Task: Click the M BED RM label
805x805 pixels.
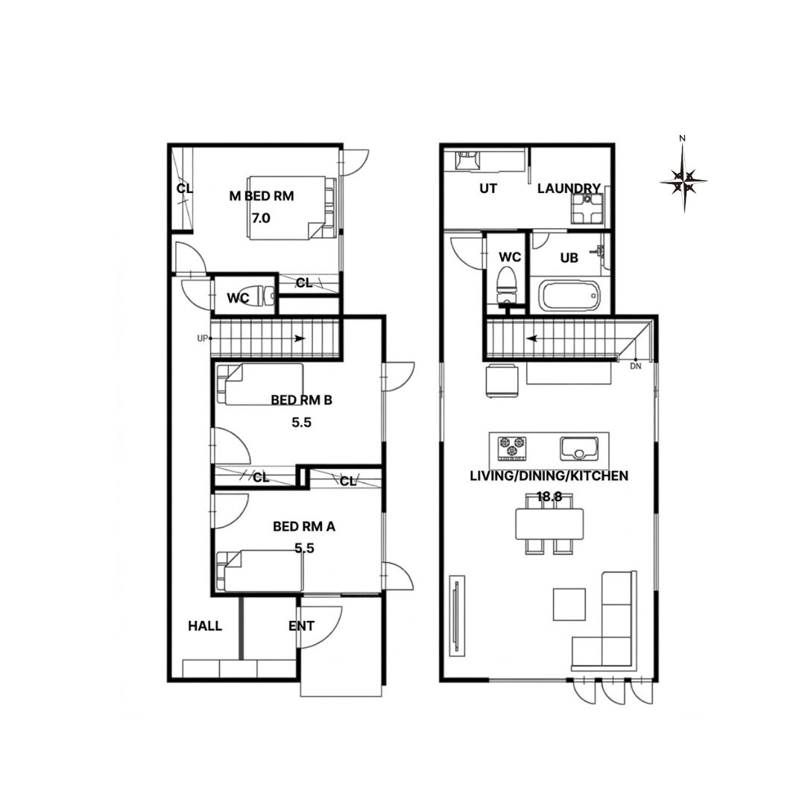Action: click(262, 195)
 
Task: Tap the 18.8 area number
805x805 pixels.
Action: click(549, 496)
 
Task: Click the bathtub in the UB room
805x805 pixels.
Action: click(569, 296)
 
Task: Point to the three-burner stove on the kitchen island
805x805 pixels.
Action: click(512, 447)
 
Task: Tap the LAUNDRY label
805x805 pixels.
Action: click(569, 189)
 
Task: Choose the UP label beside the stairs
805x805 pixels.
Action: click(202, 338)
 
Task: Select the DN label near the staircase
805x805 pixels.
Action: click(636, 366)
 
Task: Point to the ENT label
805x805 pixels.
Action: click(301, 626)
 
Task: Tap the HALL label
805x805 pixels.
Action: click(205, 626)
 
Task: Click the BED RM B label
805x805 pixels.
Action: click(301, 400)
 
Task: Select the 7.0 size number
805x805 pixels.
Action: click(261, 218)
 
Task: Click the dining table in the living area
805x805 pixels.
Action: click(549, 524)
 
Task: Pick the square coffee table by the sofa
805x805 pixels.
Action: click(569, 604)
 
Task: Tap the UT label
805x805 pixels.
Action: click(488, 189)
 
